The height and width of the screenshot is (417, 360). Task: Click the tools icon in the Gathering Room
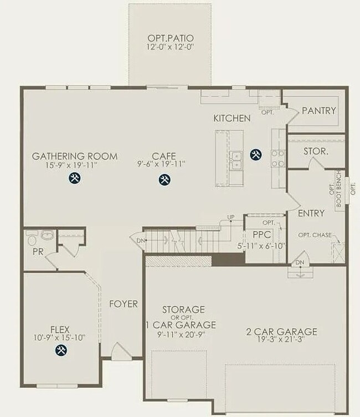75,178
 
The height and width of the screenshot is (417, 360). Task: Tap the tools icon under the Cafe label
164,179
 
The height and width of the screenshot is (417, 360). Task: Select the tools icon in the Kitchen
255,155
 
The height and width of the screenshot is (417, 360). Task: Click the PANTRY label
318,111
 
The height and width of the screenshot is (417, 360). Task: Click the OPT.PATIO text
170,38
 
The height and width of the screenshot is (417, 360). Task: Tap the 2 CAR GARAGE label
281,332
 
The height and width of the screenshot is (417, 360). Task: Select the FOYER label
123,304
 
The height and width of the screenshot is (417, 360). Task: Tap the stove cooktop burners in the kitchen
277,158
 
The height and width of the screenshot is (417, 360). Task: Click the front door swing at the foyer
121,352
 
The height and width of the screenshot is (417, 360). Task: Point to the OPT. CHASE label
315,235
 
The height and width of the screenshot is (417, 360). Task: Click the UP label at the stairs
231,216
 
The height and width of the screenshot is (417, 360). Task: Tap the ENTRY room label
311,213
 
